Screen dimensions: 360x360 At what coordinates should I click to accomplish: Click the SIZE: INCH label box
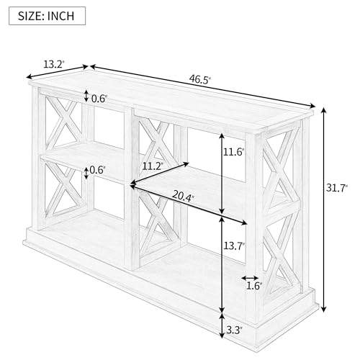(47, 16)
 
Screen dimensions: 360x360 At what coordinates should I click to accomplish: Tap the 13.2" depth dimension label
(54, 64)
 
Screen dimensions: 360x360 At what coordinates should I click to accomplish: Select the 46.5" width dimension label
(199, 79)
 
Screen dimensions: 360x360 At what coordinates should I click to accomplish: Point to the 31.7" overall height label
(336, 188)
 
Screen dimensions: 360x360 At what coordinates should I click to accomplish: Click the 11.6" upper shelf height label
(233, 152)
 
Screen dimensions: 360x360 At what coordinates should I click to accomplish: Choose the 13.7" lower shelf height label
(234, 246)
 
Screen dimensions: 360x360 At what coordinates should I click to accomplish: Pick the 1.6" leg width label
(254, 286)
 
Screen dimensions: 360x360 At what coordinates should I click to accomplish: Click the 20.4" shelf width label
(183, 197)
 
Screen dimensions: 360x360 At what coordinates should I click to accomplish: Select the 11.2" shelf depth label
(153, 166)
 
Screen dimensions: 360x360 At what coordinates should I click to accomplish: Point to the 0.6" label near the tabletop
(99, 99)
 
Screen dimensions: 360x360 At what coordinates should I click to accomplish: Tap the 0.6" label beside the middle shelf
(97, 170)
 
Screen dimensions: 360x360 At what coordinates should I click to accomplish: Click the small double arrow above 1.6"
(250, 278)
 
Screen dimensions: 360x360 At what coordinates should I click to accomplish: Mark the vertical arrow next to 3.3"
(222, 325)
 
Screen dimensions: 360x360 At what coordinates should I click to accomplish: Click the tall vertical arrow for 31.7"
(324, 210)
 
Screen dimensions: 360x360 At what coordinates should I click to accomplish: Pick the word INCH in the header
(60, 16)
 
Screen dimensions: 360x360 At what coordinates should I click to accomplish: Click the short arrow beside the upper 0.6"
(86, 96)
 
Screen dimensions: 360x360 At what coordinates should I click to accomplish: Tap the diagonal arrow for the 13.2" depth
(57, 71)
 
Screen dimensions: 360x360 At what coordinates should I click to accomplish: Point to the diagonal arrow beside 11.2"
(159, 174)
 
